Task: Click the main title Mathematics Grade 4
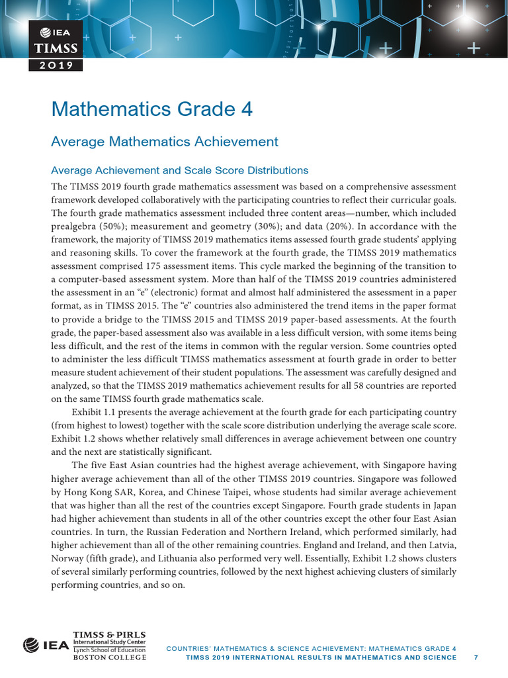(x=152, y=109)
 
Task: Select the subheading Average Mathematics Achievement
(x=165, y=142)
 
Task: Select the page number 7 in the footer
(x=476, y=657)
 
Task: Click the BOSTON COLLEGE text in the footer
(x=103, y=657)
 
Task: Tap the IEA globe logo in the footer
(x=31, y=644)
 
